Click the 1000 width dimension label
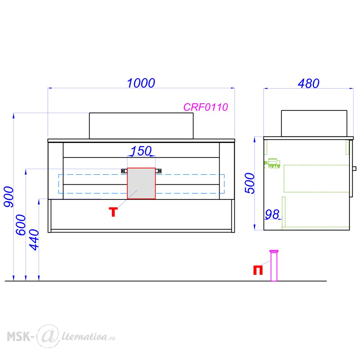click(x=141, y=83)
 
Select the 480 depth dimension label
click(x=309, y=84)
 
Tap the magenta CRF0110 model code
click(x=206, y=107)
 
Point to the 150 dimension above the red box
click(x=141, y=151)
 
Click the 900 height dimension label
click(x=9, y=197)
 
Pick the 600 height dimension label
click(x=21, y=225)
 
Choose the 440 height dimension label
click(x=34, y=240)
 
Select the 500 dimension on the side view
click(x=249, y=184)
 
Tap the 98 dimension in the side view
click(x=272, y=214)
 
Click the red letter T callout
click(x=113, y=212)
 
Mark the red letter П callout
click(x=258, y=270)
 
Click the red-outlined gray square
click(x=141, y=183)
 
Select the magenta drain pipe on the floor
click(x=274, y=265)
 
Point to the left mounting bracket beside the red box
click(x=124, y=171)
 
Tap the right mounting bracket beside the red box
click(x=158, y=171)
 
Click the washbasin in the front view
click(x=141, y=126)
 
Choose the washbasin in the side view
click(x=314, y=123)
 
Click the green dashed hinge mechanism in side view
click(x=273, y=163)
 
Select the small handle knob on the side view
click(x=354, y=168)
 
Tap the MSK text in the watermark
click(x=19, y=337)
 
